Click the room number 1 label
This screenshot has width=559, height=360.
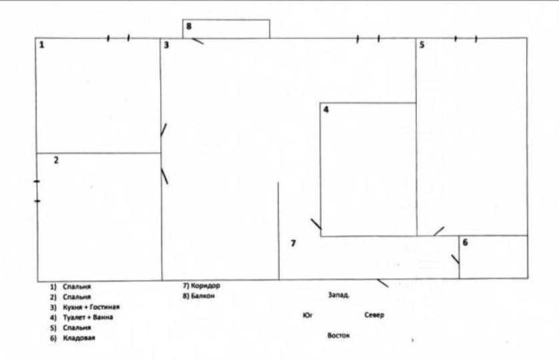[x=42, y=45]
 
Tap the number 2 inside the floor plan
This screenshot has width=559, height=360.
[x=56, y=160]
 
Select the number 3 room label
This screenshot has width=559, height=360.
[x=167, y=45]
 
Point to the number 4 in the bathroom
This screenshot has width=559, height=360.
[x=326, y=110]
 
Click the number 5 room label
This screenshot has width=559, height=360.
[x=422, y=45]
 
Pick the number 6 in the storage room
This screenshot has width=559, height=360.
[x=465, y=243]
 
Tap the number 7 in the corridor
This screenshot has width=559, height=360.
[x=292, y=243]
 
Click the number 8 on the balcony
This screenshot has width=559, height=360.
[x=189, y=27]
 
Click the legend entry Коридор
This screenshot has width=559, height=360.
[x=205, y=286]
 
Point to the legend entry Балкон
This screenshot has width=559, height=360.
[x=203, y=295]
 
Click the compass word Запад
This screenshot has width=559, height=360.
[x=339, y=294]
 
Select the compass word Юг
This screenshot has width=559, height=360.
[x=308, y=314]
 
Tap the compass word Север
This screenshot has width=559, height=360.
[x=374, y=315]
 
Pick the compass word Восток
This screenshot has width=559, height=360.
[x=338, y=335]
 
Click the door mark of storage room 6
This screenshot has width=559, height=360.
[x=455, y=259]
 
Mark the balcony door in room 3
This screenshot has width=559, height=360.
[x=197, y=41]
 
